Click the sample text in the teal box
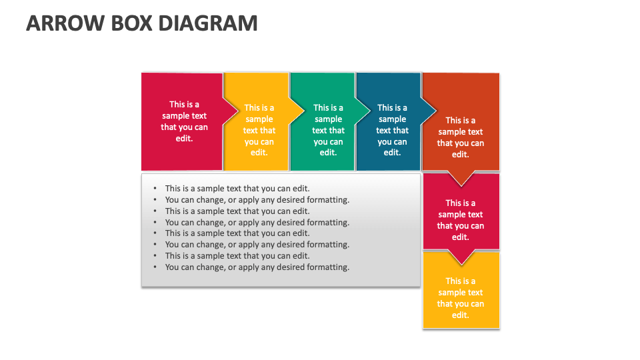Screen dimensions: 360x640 (x=328, y=130)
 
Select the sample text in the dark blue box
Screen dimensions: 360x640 (x=392, y=130)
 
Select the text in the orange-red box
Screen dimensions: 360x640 (x=461, y=137)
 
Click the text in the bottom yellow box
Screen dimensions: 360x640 (x=461, y=298)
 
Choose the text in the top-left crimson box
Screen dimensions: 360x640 (x=185, y=121)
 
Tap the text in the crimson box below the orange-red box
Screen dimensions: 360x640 (x=461, y=220)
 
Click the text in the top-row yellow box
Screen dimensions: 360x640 (x=259, y=130)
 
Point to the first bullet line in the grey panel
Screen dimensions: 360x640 (x=237, y=189)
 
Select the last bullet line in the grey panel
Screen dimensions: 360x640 (x=257, y=267)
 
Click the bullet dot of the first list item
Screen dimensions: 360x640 (x=155, y=189)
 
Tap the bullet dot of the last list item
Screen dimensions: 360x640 (x=155, y=267)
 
